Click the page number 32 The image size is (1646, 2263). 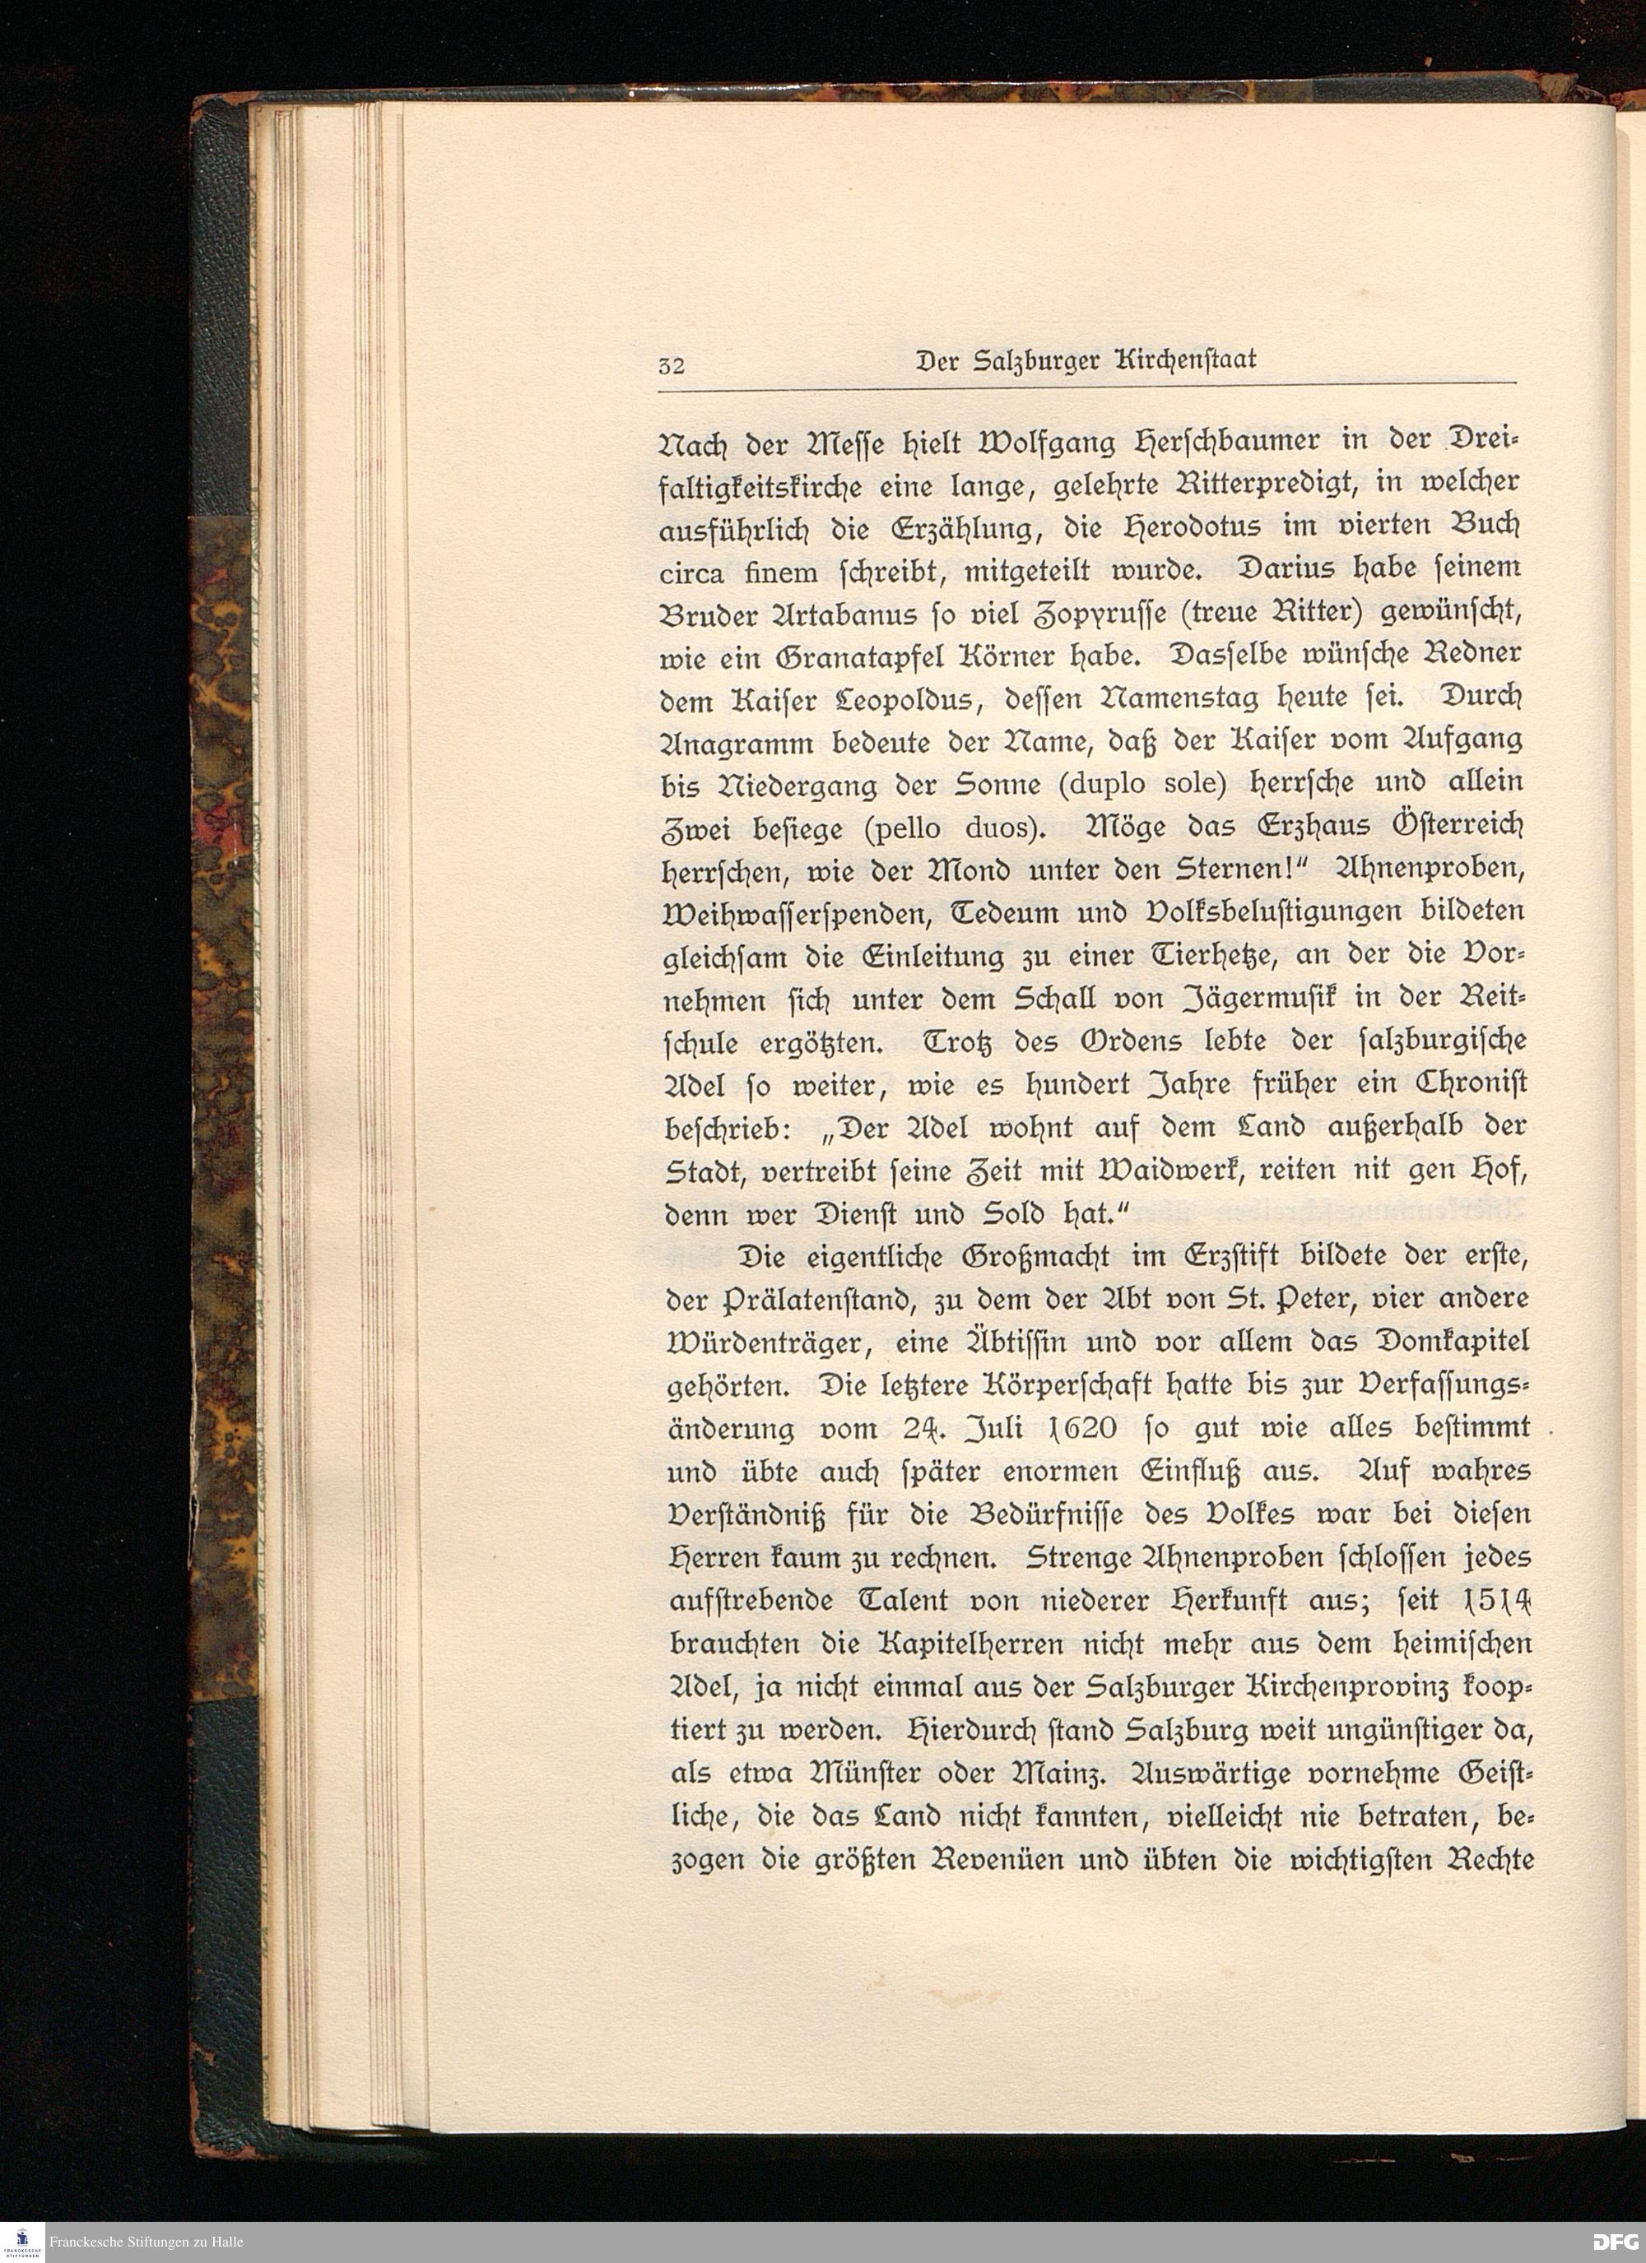coord(671,365)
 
